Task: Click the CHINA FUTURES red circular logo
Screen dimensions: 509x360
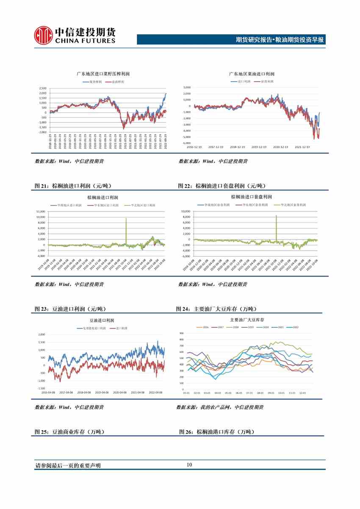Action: (43, 34)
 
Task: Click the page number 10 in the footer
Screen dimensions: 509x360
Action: (189, 465)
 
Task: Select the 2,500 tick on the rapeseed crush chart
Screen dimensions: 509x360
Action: (43, 88)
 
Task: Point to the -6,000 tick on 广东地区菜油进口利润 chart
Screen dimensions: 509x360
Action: (186, 143)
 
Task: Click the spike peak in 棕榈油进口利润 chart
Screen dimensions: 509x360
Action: (126, 218)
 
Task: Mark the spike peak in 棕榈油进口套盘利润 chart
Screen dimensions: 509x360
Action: (276, 216)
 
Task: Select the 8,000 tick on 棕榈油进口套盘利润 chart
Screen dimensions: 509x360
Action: (186, 217)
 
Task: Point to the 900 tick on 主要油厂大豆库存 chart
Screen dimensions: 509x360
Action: (181, 333)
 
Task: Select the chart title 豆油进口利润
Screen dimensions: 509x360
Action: (102, 321)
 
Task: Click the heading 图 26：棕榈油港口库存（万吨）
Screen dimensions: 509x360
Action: (217, 432)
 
